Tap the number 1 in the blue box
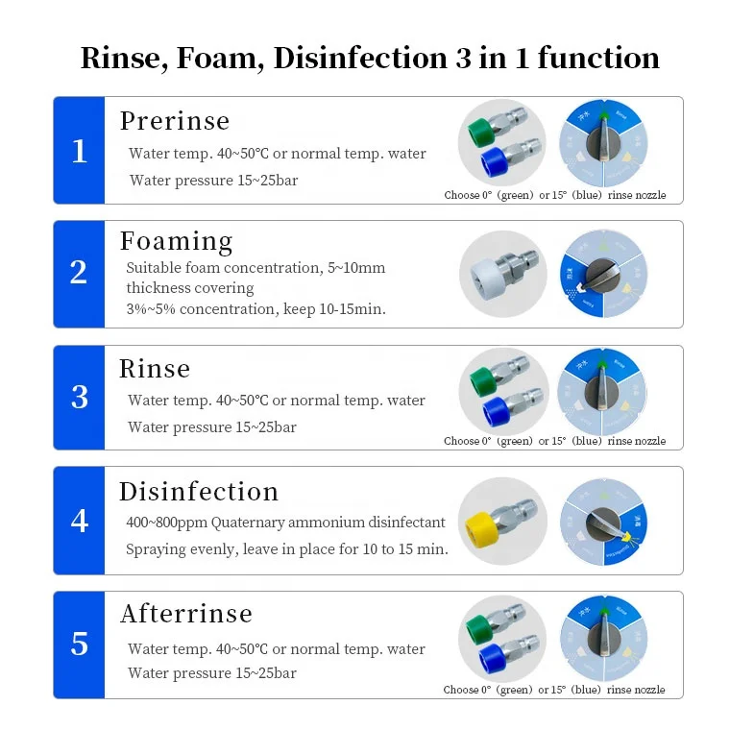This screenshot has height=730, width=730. tap(79, 151)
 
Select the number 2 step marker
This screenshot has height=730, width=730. tap(79, 273)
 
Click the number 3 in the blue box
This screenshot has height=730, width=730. tap(79, 398)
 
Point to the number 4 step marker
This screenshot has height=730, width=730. tap(79, 521)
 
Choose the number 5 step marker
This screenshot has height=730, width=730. tap(79, 645)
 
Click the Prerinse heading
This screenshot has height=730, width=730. tap(175, 121)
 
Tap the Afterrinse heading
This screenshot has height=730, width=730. tap(186, 613)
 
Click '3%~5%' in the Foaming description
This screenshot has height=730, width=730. tap(150, 309)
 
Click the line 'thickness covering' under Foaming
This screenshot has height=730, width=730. tap(190, 288)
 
